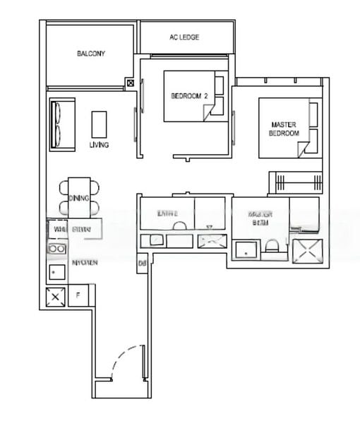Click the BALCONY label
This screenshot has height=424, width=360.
click(91, 54)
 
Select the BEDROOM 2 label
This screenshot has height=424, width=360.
click(188, 96)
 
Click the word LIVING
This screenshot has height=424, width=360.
click(99, 145)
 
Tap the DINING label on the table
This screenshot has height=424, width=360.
click(79, 198)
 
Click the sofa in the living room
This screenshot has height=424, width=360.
click(61, 124)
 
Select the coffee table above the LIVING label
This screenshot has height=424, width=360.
click(99, 124)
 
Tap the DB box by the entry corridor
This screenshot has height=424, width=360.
click(142, 264)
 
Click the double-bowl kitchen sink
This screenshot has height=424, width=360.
click(56, 249)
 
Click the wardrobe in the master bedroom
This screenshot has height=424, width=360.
click(294, 182)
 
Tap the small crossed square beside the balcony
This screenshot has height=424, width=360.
click(130, 83)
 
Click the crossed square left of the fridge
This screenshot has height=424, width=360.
click(56, 297)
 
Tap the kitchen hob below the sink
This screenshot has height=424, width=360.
click(56, 272)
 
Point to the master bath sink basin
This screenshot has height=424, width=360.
click(246, 249)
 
